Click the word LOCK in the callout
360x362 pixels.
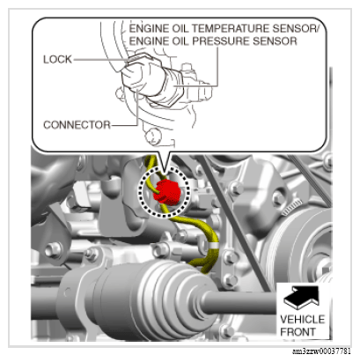57,59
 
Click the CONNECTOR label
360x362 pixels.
77,125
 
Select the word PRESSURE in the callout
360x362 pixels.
221,41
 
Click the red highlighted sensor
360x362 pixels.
166,192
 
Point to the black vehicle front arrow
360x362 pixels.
301,297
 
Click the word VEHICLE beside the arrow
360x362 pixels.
303,319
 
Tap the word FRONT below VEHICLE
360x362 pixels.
298,332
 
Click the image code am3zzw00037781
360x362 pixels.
321,351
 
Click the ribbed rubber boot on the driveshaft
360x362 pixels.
158,299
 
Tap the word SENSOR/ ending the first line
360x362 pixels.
296,28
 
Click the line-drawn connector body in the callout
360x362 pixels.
141,78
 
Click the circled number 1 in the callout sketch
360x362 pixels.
153,136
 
